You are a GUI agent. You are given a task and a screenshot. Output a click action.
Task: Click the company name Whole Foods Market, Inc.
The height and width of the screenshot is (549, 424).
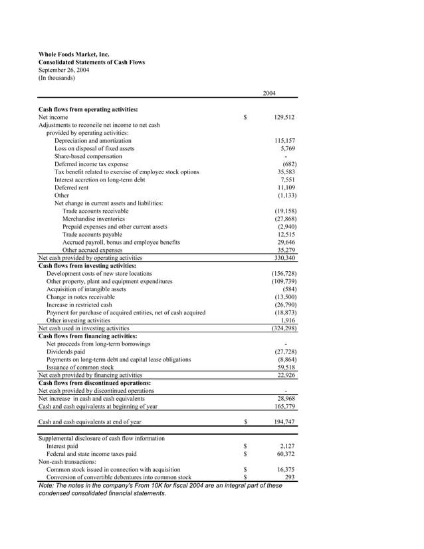click(x=74, y=54)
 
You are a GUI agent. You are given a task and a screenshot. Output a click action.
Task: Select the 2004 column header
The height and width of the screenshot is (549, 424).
click(x=269, y=93)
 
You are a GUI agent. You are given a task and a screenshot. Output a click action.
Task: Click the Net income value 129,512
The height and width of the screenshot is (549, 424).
click(x=284, y=117)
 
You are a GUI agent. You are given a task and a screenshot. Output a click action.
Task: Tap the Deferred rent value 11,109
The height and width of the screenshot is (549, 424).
click(x=286, y=187)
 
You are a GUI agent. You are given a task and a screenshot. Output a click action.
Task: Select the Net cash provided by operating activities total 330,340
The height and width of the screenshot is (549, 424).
click(x=284, y=258)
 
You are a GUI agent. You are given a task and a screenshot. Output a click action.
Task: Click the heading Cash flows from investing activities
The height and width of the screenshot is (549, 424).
click(x=87, y=266)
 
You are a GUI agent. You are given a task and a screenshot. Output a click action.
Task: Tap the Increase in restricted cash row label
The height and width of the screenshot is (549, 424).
click(x=79, y=305)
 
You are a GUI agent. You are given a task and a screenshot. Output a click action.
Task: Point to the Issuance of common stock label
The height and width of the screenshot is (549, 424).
click(x=80, y=367)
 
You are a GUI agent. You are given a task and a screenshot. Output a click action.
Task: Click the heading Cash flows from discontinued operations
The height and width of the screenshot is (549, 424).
click(x=94, y=383)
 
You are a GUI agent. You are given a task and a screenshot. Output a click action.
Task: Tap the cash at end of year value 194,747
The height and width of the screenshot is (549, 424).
click(x=284, y=422)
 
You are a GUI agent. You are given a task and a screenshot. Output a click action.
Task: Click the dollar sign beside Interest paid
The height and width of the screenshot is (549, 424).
click(x=245, y=447)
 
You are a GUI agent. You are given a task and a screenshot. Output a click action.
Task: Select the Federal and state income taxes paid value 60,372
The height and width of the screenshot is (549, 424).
click(x=286, y=454)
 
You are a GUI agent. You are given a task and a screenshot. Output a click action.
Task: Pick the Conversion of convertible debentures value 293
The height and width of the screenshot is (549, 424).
click(x=289, y=477)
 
